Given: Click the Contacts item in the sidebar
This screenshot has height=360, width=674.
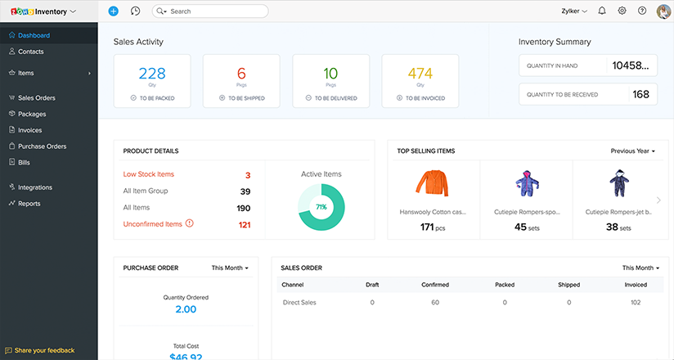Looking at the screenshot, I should [x=30, y=52].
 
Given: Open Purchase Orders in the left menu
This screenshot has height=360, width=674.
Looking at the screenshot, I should [x=42, y=146].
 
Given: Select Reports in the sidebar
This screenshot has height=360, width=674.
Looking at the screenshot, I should [x=29, y=204].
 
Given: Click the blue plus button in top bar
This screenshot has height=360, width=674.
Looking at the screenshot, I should [x=113, y=11].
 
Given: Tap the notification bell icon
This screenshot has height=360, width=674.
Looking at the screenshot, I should [x=602, y=11].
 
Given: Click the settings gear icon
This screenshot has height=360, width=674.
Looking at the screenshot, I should [x=622, y=11].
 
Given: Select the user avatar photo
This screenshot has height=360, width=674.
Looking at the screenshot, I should [x=663, y=11].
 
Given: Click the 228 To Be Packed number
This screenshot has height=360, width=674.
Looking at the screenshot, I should [x=152, y=73].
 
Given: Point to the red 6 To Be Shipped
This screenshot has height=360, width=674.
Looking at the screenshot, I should [x=241, y=73].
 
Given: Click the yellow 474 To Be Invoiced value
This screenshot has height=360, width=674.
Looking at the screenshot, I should [x=420, y=73].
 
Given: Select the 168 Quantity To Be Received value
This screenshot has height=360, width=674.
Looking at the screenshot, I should [x=641, y=94].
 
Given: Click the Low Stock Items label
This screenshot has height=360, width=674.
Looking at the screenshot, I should [x=148, y=174].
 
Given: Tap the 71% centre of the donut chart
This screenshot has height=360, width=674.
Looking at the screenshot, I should [x=321, y=207].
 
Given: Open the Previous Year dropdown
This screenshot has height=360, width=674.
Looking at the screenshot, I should [x=632, y=151].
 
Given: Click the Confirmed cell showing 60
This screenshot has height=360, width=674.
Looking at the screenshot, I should [x=434, y=303].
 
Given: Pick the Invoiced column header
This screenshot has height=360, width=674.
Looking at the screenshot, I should [x=636, y=285].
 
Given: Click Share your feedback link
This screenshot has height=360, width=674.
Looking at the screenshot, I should [x=43, y=350].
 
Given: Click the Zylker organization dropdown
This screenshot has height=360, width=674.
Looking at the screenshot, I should [x=573, y=11].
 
